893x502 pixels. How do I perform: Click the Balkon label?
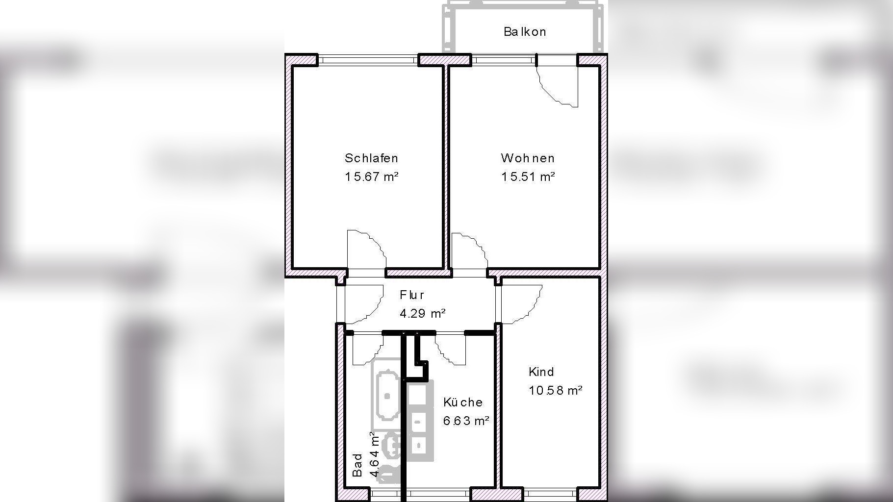524,32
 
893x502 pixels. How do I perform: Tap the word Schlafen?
371,158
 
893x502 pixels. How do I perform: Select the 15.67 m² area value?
371,176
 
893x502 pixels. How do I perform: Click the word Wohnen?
528,158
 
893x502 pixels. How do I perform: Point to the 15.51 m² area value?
528,176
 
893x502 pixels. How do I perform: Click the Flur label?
412,295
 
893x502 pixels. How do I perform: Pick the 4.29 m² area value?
422,313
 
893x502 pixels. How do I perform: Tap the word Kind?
541,372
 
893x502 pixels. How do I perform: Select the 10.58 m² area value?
555,390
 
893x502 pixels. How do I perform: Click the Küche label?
463,402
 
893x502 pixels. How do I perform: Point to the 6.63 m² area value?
466,421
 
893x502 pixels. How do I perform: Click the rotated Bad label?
357,465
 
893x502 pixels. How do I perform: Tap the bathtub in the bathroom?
387,395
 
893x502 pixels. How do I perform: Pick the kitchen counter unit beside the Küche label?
420,421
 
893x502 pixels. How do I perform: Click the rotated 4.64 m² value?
374,454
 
